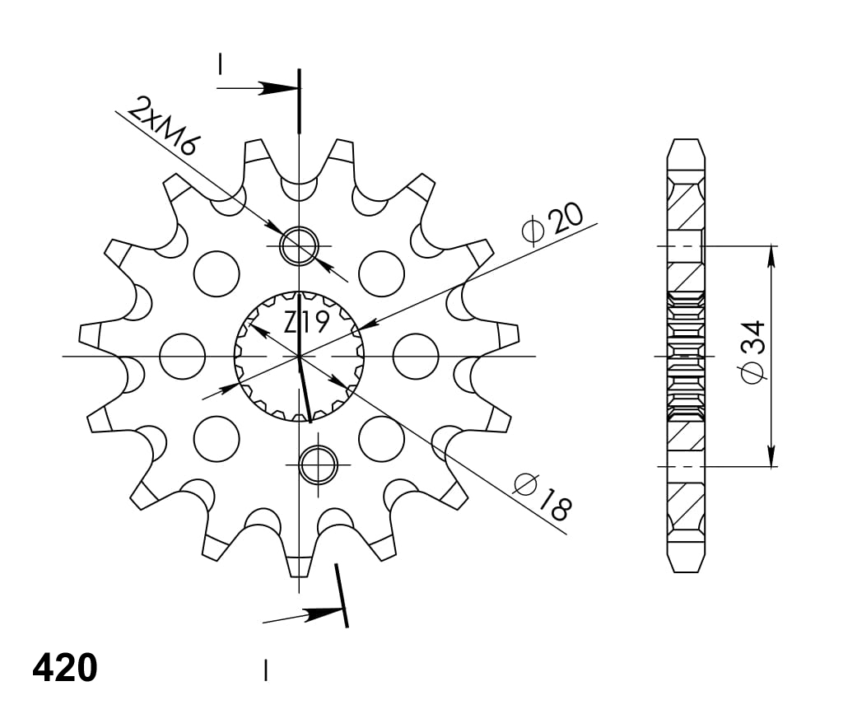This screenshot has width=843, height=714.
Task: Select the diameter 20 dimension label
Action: coord(554,223)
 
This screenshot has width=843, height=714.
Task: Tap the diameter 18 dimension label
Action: coord(541,496)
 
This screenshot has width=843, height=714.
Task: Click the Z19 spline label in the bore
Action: coord(306,322)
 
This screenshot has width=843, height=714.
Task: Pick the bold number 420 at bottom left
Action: coord(65,668)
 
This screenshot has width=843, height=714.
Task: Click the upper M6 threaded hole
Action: coord(299,245)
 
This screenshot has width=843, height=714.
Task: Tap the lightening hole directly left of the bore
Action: coord(183,356)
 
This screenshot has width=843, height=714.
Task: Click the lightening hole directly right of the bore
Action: coord(416,356)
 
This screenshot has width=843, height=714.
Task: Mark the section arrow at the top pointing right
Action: coord(276,87)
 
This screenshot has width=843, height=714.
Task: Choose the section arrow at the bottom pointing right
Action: coord(322,614)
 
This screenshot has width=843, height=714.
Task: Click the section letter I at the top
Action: coord(221,64)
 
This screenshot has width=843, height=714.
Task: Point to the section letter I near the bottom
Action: coord(265,670)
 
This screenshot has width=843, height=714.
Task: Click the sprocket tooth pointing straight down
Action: coord(299,566)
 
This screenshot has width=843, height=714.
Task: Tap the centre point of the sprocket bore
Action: coord(299,356)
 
